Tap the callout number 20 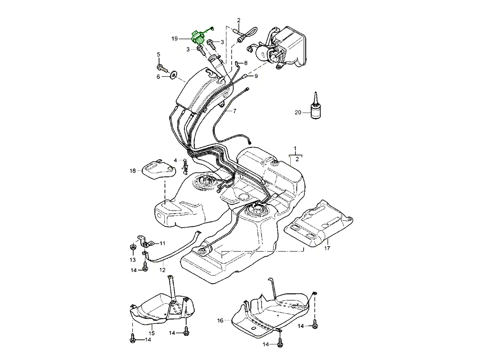coord(298,112)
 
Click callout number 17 coord(327,248)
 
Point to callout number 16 coord(220,320)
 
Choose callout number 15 coord(152,333)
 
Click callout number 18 coord(133,170)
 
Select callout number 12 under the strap coord(162,270)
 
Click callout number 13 coord(132,260)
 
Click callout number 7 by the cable coord(234,111)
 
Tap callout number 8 coord(246,63)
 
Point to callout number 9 coord(256,76)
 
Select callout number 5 coord(158,54)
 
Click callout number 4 coord(175,160)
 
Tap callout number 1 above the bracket coord(295,149)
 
